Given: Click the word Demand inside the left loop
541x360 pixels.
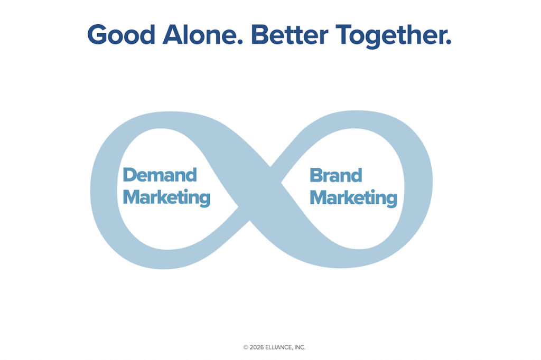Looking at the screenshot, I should click(x=160, y=175).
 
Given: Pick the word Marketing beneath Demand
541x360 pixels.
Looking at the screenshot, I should click(x=166, y=198).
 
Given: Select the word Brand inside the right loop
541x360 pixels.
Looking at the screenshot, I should click(x=335, y=175).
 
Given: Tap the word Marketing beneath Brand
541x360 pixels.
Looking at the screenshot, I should click(x=353, y=198).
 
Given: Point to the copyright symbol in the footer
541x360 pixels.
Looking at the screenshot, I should click(x=246, y=347).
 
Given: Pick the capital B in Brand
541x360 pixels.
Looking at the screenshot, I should click(x=316, y=175).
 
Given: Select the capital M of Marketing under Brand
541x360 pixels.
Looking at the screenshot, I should click(x=319, y=197).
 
